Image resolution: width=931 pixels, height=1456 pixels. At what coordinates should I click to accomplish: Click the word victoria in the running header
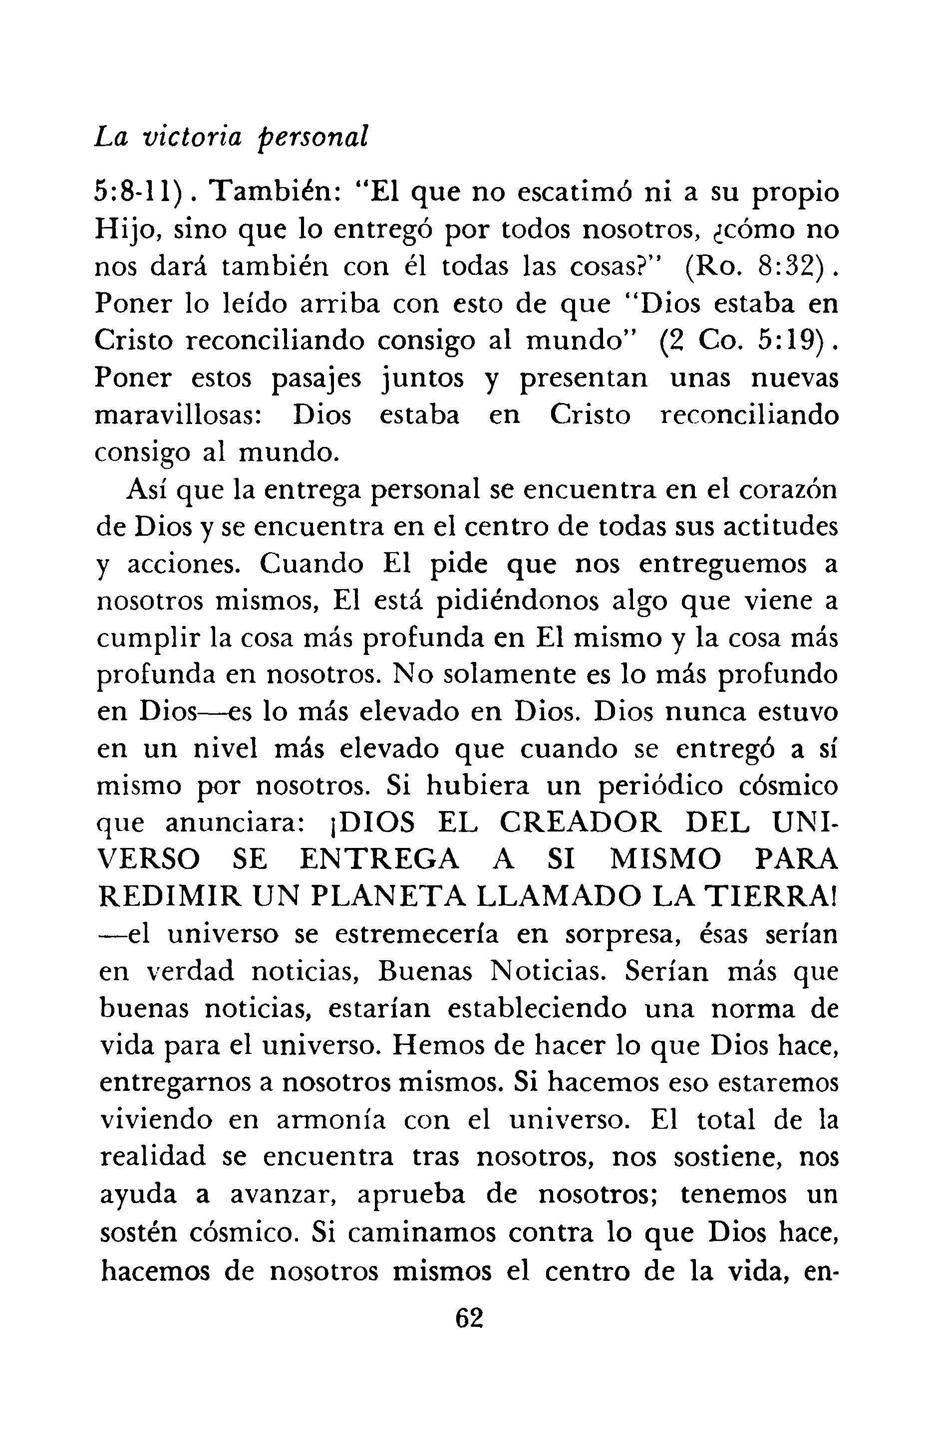click(x=192, y=139)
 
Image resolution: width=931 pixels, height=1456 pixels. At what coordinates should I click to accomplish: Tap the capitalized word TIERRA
click(x=768, y=897)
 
